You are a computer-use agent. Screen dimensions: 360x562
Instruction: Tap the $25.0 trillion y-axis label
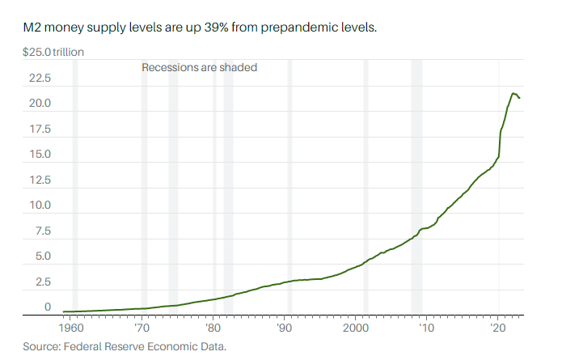(x=53, y=53)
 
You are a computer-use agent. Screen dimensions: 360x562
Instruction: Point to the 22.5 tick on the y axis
(x=40, y=78)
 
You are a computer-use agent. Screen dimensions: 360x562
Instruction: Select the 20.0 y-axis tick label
(x=40, y=104)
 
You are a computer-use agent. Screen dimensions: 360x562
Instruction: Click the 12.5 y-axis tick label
(x=40, y=180)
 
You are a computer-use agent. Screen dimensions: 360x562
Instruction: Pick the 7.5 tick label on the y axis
(x=43, y=231)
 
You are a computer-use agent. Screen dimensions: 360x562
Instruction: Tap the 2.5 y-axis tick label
(x=43, y=282)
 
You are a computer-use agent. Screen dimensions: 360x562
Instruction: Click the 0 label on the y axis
(x=48, y=307)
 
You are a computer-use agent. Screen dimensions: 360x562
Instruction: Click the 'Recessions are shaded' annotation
(x=199, y=67)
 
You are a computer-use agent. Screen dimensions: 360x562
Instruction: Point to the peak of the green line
(x=513, y=94)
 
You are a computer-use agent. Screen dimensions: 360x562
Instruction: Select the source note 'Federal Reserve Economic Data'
(x=150, y=346)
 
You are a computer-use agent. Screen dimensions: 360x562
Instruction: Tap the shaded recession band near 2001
(x=366, y=186)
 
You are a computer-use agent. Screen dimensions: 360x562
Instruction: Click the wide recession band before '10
(x=416, y=186)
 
